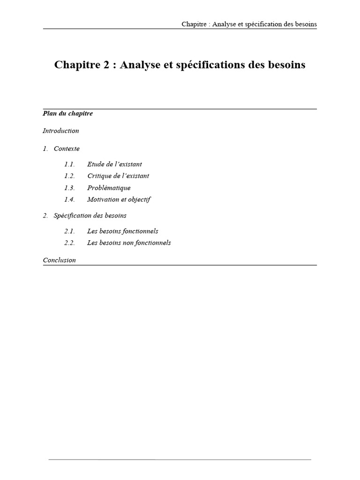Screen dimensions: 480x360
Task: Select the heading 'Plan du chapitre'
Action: (x=67, y=113)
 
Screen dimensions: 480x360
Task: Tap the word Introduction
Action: (x=60, y=131)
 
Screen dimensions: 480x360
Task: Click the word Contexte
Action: (x=67, y=149)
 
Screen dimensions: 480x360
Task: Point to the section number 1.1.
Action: (x=69, y=165)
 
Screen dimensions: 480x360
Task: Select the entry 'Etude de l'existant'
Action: (x=114, y=165)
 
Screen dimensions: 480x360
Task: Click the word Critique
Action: (x=99, y=176)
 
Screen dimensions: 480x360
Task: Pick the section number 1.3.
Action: (x=69, y=188)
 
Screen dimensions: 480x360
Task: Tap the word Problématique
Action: (x=109, y=188)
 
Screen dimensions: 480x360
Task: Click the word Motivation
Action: (x=103, y=200)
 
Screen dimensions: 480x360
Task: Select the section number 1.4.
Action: (x=69, y=200)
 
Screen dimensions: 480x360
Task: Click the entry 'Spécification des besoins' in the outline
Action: (x=90, y=216)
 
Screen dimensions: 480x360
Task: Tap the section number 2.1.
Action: (x=69, y=231)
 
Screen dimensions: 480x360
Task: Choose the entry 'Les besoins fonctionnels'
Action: (x=123, y=231)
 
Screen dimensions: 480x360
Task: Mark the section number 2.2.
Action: (x=69, y=243)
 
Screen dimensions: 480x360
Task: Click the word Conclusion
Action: (x=59, y=260)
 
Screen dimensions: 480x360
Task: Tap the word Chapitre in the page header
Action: (x=194, y=24)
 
